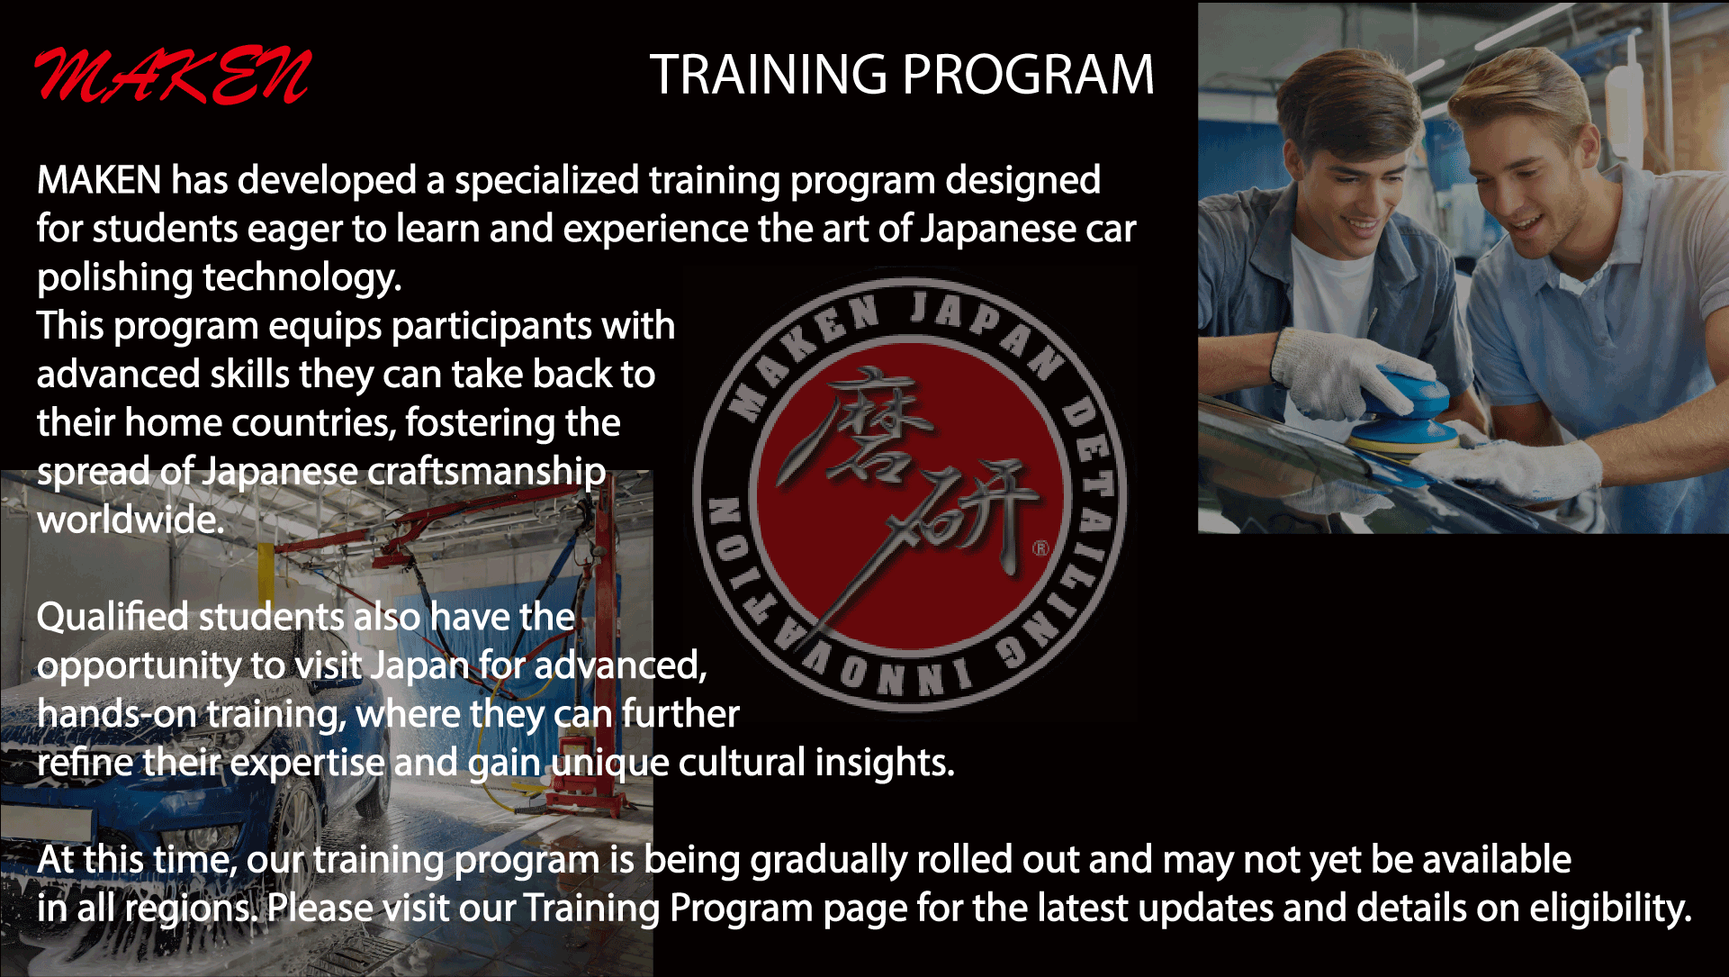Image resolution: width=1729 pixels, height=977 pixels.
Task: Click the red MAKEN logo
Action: click(173, 75)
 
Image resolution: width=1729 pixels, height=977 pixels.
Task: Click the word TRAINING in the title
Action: click(769, 74)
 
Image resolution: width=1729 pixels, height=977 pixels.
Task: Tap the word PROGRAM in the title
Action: click(1028, 74)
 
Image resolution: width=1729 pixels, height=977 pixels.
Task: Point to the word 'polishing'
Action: click(114, 278)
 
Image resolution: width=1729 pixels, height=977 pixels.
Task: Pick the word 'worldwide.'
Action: click(131, 520)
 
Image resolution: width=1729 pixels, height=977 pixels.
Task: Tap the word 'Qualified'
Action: click(113, 618)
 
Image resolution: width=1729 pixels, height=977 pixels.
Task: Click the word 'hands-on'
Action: click(117, 714)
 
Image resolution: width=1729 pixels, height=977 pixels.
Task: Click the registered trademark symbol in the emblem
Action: click(1041, 547)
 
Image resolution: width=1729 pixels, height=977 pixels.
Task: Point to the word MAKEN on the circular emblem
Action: click(792, 360)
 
